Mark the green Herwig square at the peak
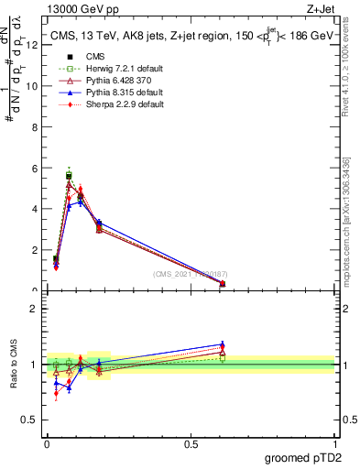(69, 175)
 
